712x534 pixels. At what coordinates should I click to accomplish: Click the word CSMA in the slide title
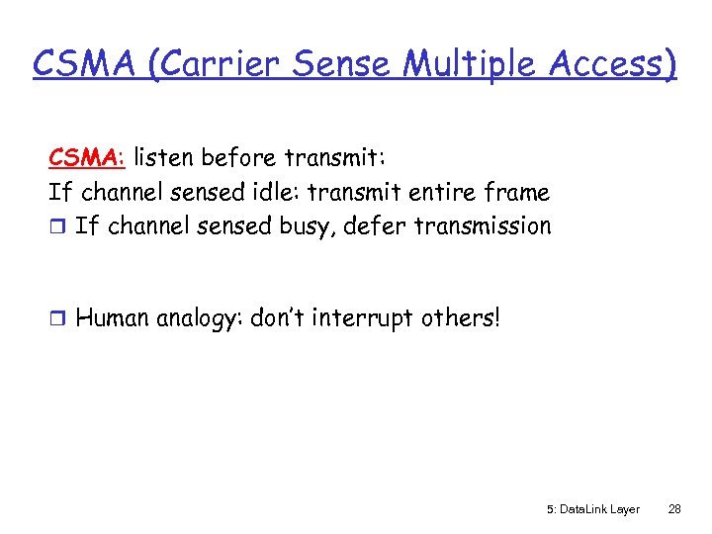79,64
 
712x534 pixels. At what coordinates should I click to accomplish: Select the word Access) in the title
613,64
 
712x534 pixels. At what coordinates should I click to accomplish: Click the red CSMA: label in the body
87,157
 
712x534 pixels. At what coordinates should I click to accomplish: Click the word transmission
484,226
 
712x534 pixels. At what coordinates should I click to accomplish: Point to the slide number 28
674,509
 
